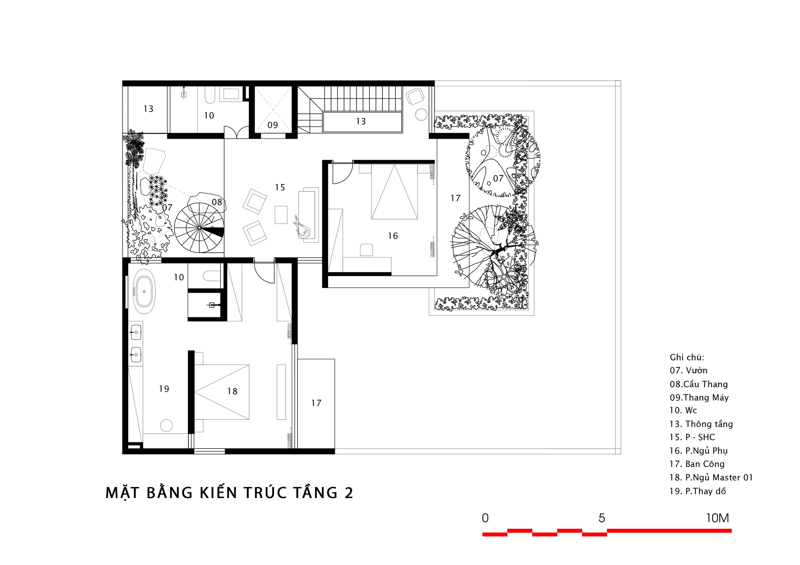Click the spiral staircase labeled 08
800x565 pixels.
(199, 228)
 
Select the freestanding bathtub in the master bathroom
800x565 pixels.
(144, 291)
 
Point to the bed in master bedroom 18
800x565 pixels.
(222, 392)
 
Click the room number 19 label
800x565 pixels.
(164, 389)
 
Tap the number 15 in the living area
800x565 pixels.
(280, 188)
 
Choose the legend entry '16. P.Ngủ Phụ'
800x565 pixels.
(699, 451)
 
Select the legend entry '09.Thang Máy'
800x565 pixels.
(699, 398)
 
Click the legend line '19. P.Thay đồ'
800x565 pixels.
(698, 491)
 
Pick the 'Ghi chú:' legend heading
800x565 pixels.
(687, 357)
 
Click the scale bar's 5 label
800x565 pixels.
(602, 518)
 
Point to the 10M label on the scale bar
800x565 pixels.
(717, 518)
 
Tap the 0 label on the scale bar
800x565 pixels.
(485, 518)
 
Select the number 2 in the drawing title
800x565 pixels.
(349, 493)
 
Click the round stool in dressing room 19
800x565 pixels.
(166, 425)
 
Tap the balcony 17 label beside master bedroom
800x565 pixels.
(316, 403)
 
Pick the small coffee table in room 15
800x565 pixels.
(281, 215)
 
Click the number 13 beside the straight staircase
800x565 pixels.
(361, 121)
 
